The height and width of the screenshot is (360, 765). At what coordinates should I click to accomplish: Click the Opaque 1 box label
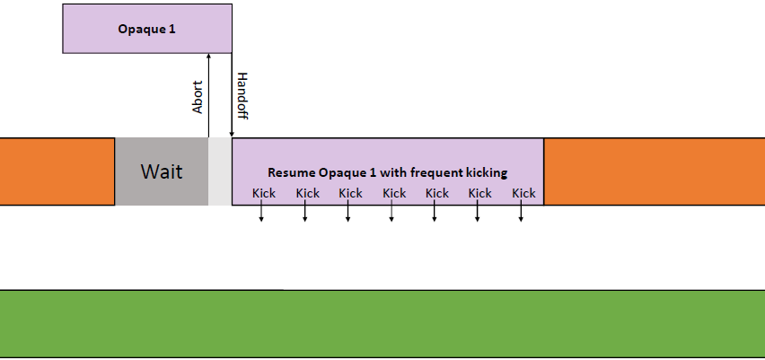coord(146,30)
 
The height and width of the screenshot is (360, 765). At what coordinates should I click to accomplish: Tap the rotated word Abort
coord(198,97)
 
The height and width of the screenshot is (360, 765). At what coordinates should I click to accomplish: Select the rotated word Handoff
coord(242,96)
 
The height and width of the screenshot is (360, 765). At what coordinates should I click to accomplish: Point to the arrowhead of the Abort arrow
coord(209,56)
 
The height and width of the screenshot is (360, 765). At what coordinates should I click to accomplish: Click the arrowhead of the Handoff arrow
coord(232,134)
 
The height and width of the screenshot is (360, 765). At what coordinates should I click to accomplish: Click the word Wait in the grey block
coord(162,171)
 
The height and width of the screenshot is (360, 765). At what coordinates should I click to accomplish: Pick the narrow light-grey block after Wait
coord(220,171)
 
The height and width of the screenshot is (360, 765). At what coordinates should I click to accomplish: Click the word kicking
coord(487,173)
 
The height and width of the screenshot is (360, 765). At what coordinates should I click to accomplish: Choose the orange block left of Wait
coord(57,171)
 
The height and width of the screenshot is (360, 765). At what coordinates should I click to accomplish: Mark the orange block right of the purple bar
coord(655,171)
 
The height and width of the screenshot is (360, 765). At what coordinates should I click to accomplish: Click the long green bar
coord(382,324)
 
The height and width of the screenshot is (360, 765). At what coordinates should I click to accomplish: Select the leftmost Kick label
coord(264,194)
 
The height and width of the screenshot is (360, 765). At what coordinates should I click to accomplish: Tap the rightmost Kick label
coord(523,194)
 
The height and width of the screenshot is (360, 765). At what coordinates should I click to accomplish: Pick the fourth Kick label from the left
coord(394,194)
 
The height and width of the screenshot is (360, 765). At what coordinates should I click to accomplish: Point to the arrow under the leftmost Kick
coord(261,211)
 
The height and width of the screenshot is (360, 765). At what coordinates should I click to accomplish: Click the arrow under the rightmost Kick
coord(521,211)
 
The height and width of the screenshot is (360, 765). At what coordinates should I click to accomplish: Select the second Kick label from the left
coord(308,194)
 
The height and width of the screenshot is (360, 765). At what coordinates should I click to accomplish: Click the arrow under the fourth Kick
coord(391,211)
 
